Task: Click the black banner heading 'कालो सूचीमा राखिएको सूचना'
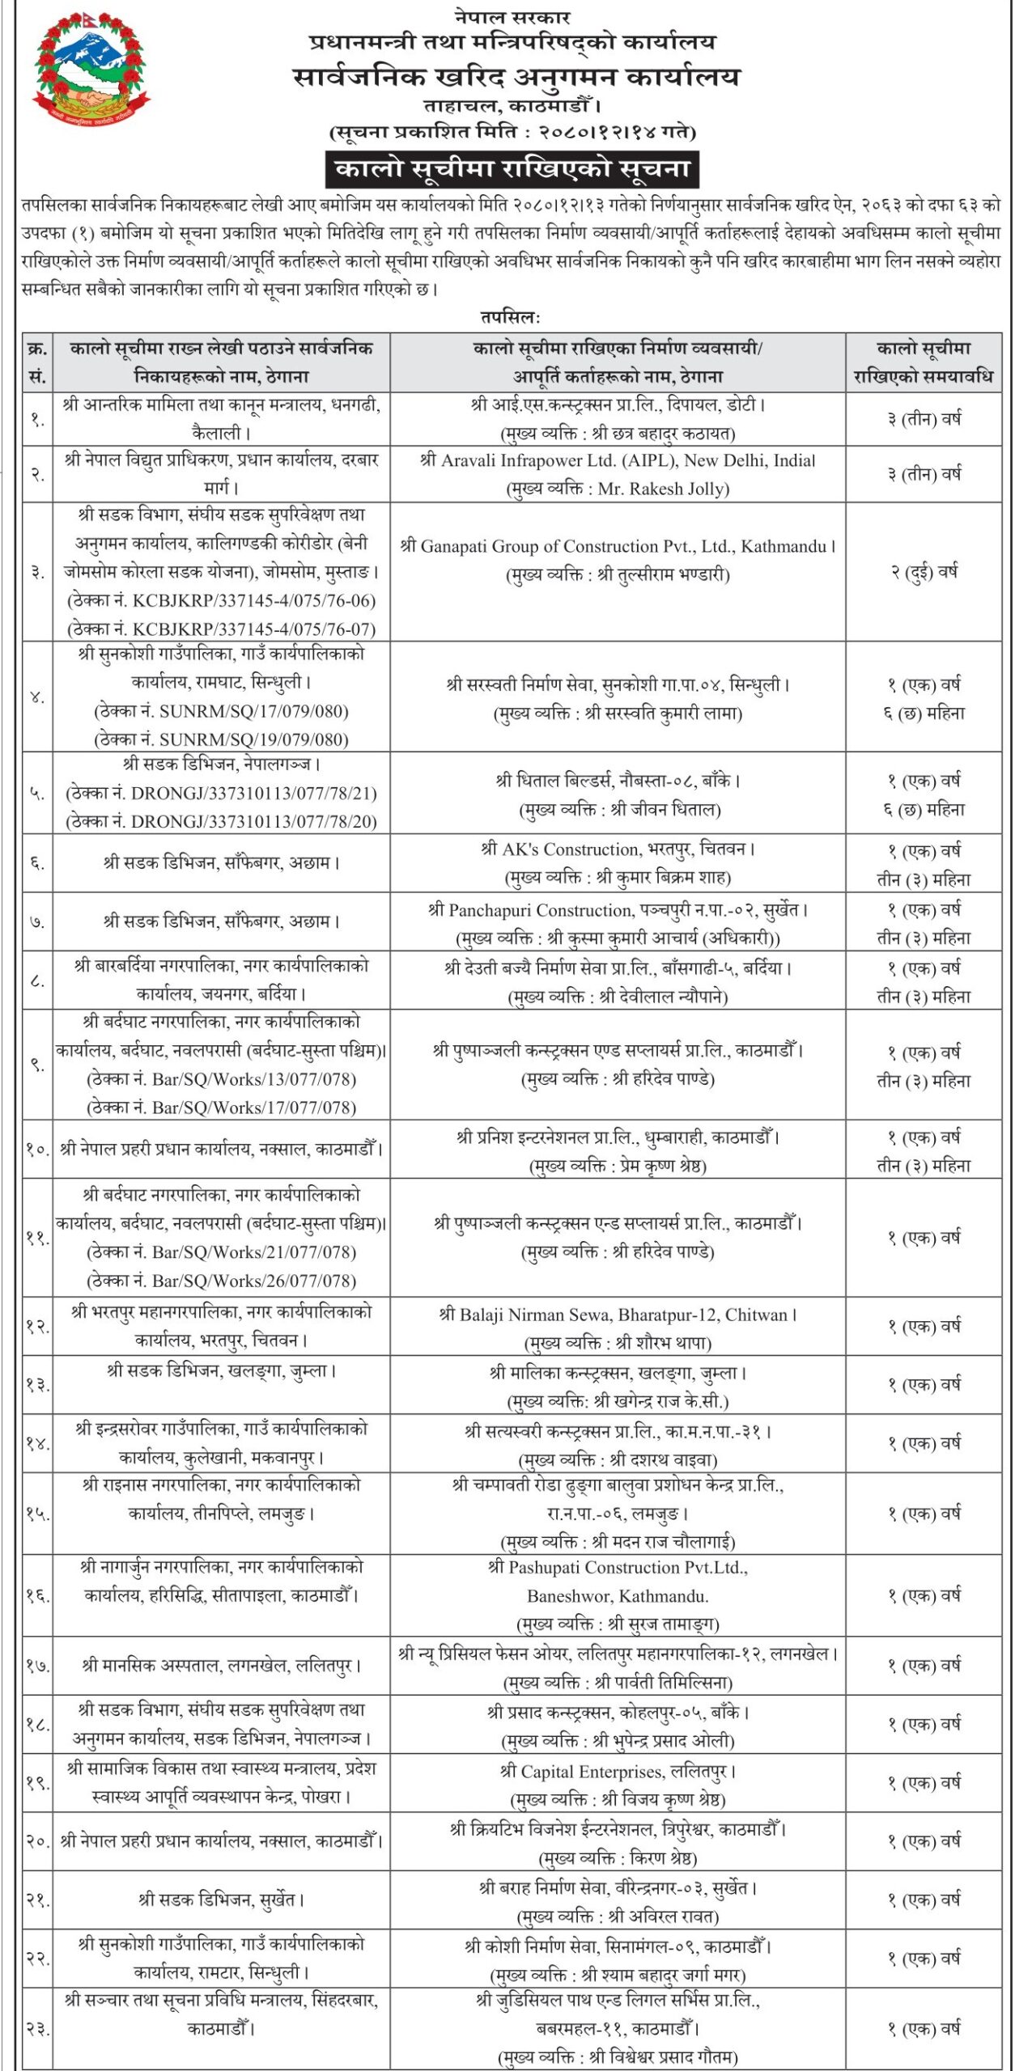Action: coord(512,169)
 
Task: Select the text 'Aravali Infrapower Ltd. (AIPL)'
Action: coord(558,460)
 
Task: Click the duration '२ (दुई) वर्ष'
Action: coord(924,572)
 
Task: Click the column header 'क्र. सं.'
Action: coord(37,362)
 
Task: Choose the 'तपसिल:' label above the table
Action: coord(510,317)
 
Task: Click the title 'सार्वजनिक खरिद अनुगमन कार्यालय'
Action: coord(516,77)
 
